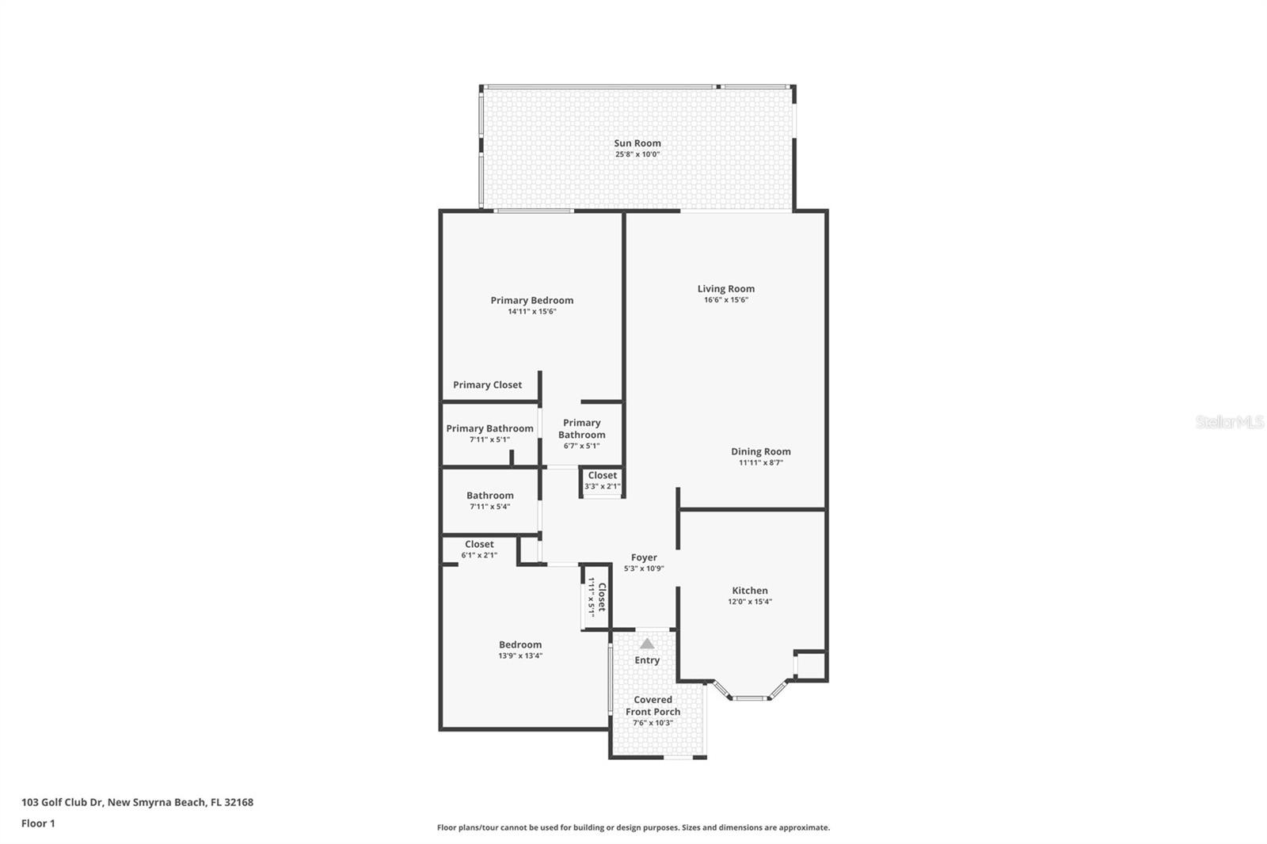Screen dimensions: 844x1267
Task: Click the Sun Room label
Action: pyautogui.click(x=637, y=143)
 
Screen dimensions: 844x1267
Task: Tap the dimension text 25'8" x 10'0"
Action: pyautogui.click(x=637, y=154)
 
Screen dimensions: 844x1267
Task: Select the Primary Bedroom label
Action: pyautogui.click(x=531, y=300)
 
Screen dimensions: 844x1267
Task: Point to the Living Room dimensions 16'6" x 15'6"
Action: pyautogui.click(x=725, y=300)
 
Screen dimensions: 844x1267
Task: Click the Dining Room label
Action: pyautogui.click(x=760, y=451)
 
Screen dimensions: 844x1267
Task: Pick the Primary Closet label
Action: pyautogui.click(x=487, y=385)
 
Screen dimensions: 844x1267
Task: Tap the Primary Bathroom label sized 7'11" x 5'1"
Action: pyautogui.click(x=489, y=428)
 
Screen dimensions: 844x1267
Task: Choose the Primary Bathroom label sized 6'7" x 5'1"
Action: pyautogui.click(x=581, y=428)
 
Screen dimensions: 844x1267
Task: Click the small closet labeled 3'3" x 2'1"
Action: pyautogui.click(x=602, y=480)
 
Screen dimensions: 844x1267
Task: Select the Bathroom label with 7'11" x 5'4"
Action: pyautogui.click(x=489, y=496)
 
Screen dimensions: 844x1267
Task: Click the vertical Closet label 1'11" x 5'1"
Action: pyautogui.click(x=596, y=597)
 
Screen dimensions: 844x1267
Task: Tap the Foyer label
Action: pyautogui.click(x=644, y=557)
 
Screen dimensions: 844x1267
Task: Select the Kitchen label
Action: pyautogui.click(x=749, y=591)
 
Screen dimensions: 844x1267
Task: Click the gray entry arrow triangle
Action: pyautogui.click(x=647, y=644)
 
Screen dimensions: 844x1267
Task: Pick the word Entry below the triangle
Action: pyautogui.click(x=647, y=660)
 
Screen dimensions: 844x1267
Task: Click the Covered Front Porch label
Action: pyautogui.click(x=653, y=705)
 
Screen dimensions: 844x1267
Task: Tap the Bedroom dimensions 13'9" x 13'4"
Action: pyautogui.click(x=520, y=656)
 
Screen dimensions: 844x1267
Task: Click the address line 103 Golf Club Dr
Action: pyautogui.click(x=137, y=802)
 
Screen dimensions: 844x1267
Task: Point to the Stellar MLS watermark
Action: pyautogui.click(x=1229, y=422)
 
